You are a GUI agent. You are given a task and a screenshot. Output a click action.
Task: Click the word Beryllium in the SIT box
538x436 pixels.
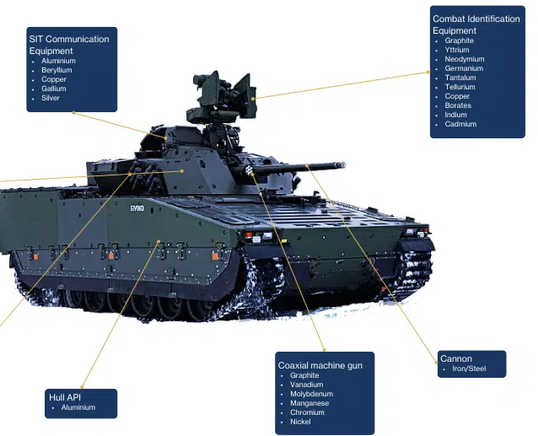(x=56, y=70)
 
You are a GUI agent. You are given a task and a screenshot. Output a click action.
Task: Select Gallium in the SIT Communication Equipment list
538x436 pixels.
(x=53, y=89)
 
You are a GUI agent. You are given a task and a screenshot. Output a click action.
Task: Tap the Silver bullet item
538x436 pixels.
(x=51, y=98)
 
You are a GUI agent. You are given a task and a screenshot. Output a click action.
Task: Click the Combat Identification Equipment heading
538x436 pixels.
(x=476, y=24)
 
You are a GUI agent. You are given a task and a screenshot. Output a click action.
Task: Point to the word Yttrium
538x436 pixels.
(x=457, y=50)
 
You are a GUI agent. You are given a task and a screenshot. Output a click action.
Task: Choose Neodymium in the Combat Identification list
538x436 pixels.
(x=465, y=59)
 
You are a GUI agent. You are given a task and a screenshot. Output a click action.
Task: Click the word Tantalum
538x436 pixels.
(x=460, y=78)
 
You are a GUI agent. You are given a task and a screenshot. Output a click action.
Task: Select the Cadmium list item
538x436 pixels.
(x=460, y=124)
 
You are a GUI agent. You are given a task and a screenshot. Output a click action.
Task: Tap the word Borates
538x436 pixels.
(x=458, y=105)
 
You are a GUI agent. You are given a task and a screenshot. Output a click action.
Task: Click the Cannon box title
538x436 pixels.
(x=456, y=358)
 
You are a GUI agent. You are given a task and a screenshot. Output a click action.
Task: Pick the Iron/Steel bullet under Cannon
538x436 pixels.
(x=469, y=369)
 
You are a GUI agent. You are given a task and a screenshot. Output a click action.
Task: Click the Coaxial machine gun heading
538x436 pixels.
(x=320, y=365)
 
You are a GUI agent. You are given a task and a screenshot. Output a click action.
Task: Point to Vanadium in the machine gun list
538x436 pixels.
(x=306, y=385)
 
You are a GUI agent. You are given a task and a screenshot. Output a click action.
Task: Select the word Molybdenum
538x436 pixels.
(x=311, y=394)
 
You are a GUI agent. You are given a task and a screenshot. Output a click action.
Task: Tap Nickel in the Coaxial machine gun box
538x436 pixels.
(x=300, y=422)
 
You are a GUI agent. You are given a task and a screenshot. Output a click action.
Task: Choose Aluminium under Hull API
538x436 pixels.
(x=78, y=407)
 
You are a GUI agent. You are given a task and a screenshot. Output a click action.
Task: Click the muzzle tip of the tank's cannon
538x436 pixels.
(x=342, y=165)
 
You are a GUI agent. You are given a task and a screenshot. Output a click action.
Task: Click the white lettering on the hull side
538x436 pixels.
(x=137, y=207)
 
